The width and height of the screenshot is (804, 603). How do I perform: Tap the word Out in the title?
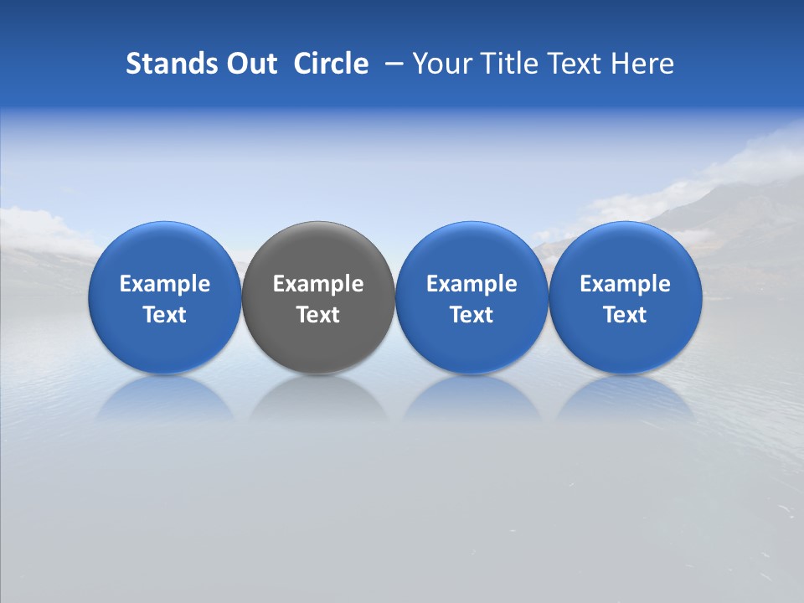click(250, 64)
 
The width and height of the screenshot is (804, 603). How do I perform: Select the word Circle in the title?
click(331, 64)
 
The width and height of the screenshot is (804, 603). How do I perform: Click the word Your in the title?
click(441, 64)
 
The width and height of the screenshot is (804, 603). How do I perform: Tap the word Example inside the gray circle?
click(318, 284)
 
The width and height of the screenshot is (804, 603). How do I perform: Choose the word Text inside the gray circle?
click(318, 315)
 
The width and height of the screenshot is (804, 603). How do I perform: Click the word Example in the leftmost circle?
click(165, 284)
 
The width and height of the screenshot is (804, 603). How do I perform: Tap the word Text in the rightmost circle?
click(626, 315)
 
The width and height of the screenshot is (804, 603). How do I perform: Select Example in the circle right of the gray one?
click(472, 284)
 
